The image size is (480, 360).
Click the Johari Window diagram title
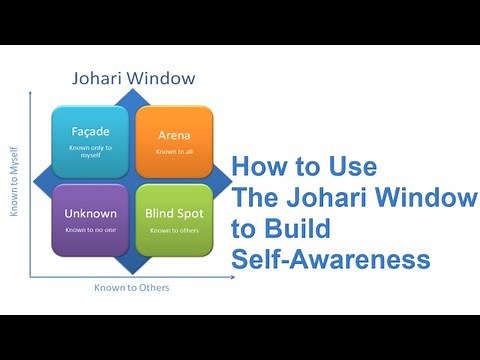132,76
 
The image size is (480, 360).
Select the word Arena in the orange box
174,135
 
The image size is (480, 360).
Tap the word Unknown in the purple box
91,213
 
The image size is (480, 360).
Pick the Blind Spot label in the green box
175,213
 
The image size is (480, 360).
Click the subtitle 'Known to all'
174,151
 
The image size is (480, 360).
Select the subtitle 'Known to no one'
91,230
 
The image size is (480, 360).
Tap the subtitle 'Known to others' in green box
174,230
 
